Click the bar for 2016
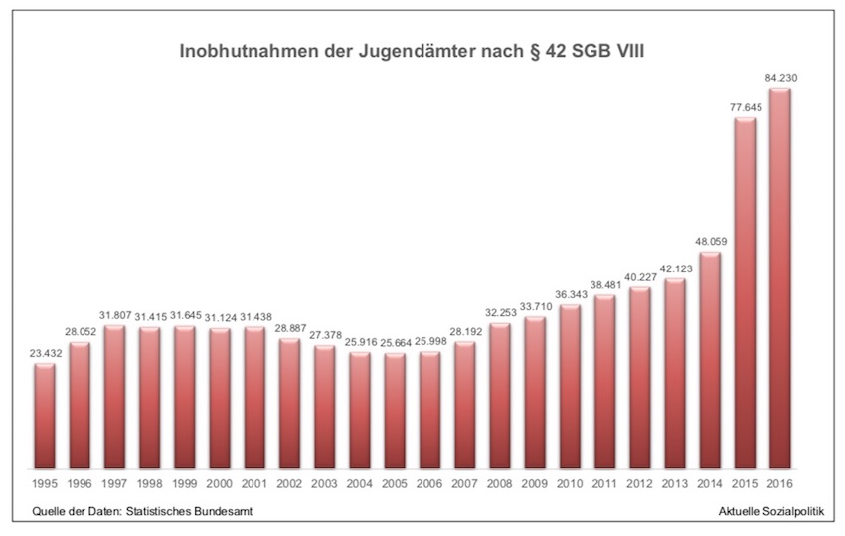[780, 278]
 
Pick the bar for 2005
[395, 411]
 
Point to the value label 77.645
[746, 107]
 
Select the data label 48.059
[710, 240]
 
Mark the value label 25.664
[395, 342]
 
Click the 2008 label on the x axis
[500, 484]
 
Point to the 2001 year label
[254, 484]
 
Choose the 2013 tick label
[675, 484]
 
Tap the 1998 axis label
[150, 484]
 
